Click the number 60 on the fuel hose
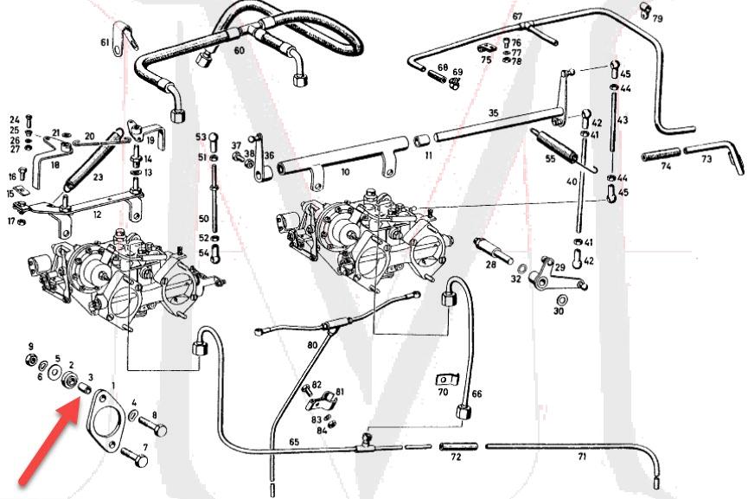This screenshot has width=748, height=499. click(x=240, y=51)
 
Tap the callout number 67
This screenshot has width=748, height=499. click(x=517, y=16)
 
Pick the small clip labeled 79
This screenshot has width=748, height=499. click(x=644, y=10)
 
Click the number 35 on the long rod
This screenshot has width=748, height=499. click(x=494, y=113)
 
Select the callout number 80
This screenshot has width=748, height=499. click(x=312, y=346)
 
